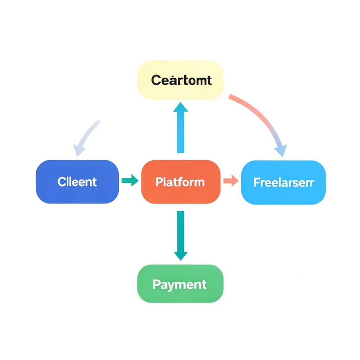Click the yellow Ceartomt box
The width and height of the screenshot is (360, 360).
pos(180,80)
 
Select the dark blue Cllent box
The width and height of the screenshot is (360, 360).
pos(77,182)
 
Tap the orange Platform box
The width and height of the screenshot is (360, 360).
pos(180,182)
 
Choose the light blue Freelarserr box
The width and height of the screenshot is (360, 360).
pos(283,183)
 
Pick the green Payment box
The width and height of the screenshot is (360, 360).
pos(180,284)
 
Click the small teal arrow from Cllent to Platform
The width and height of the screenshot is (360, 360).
pos(130,180)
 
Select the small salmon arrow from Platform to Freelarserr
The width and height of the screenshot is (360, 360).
pos(231,180)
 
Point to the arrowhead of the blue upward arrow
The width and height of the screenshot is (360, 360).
pos(180,107)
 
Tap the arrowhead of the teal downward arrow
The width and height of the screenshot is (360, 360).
pos(180,255)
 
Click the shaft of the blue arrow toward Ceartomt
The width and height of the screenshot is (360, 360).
pos(180,133)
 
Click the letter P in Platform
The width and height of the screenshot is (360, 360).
pos(159,182)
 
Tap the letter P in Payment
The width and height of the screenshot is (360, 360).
pos(156,284)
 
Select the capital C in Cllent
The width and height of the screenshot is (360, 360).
pos(62,182)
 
